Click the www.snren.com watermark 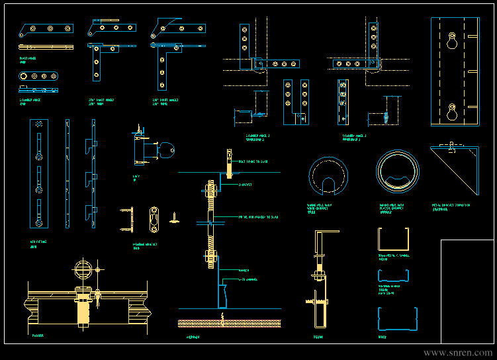pyautogui.click(x=457, y=353)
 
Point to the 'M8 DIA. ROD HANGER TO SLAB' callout pyautogui.click(x=259, y=217)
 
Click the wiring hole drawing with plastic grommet pyautogui.click(x=398, y=172)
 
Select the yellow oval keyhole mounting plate pyautogui.click(x=154, y=220)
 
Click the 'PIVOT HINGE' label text pyautogui.click(x=27, y=59)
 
